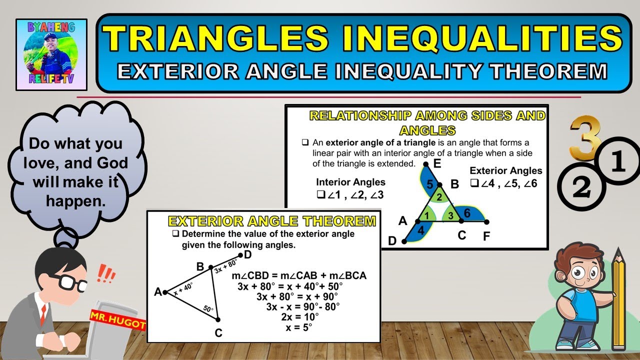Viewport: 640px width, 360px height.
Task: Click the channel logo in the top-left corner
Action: point(51,54)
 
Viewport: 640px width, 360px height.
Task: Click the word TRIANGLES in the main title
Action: point(212,39)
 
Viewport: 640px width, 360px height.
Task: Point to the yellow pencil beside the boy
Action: point(618,300)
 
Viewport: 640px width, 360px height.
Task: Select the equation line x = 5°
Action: point(298,327)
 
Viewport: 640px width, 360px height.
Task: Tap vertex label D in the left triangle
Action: point(247,255)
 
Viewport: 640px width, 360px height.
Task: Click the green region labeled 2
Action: point(439,197)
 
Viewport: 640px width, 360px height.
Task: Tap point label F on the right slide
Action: point(486,236)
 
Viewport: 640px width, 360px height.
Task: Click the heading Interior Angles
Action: point(350,182)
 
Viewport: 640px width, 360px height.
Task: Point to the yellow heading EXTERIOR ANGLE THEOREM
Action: point(271,221)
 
